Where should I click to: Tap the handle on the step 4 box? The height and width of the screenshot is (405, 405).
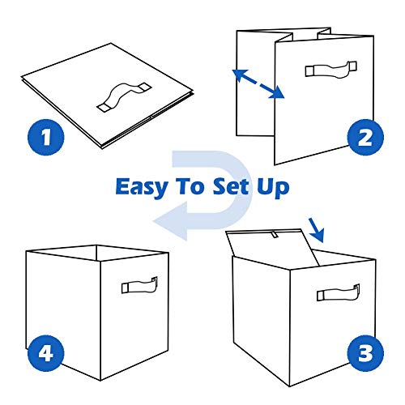139,286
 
